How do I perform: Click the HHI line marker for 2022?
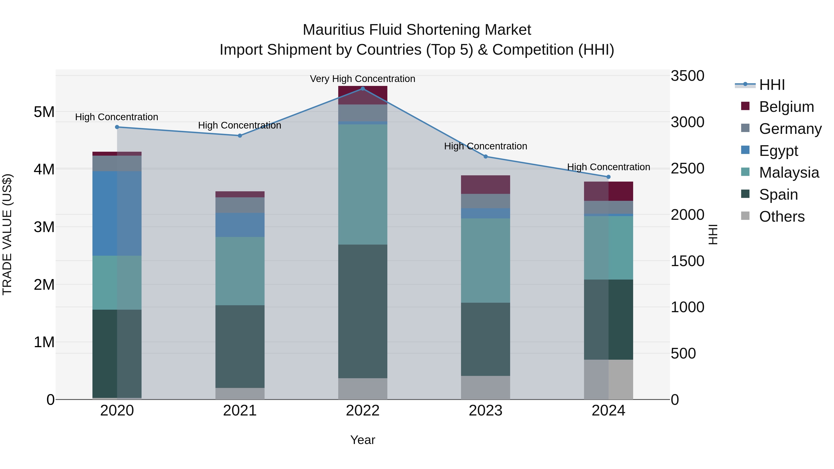363,89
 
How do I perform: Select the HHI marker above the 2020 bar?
117,127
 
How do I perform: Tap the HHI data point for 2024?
608,177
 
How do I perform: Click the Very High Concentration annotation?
363,79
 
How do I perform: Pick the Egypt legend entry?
778,151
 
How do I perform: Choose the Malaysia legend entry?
789,173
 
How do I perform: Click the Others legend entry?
782,217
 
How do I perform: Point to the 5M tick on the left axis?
44,112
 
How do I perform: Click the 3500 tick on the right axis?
687,76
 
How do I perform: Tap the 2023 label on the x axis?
485,411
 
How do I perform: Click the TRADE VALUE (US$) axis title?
7,234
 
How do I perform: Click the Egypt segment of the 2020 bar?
117,214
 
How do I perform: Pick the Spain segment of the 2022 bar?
363,311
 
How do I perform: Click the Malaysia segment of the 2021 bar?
240,271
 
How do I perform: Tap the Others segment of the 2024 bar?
608,379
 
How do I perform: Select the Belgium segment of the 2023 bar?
485,185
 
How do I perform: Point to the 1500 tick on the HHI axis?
687,261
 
